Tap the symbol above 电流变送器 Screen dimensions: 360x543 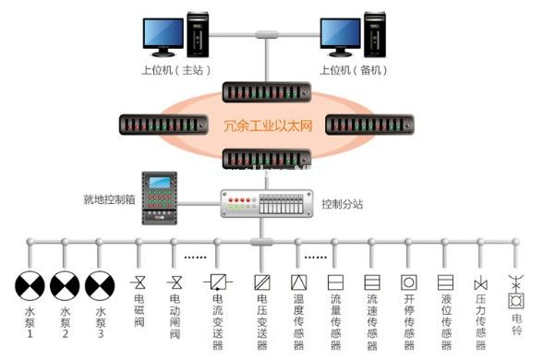tap(218, 282)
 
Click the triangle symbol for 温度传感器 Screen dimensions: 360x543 tap(297, 282)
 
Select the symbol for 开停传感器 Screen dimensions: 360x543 tap(407, 282)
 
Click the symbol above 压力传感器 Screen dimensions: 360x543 tap(479, 282)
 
